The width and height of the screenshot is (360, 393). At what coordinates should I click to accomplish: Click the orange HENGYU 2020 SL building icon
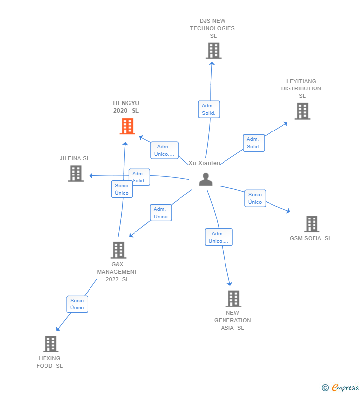pyautogui.click(x=127, y=127)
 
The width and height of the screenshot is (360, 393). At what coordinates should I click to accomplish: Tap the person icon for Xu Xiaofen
pyautogui.click(x=206, y=179)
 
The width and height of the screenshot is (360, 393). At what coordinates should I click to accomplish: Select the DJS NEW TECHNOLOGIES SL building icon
pyautogui.click(x=214, y=50)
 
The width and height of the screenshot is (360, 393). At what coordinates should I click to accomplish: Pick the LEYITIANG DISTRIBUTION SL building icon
pyautogui.click(x=302, y=111)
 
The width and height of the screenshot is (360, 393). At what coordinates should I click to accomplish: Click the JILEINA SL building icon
pyautogui.click(x=76, y=174)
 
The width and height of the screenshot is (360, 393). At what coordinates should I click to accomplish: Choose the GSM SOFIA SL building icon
pyautogui.click(x=312, y=224)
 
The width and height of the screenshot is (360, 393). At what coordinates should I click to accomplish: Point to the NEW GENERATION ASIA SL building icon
pyautogui.click(x=233, y=299)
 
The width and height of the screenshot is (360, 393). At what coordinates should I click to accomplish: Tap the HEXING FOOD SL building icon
pyautogui.click(x=50, y=344)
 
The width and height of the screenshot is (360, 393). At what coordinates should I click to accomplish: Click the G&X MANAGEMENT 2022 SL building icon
pyautogui.click(x=118, y=250)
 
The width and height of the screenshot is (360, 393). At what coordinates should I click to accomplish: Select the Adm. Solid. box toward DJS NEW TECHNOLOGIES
pyautogui.click(x=209, y=109)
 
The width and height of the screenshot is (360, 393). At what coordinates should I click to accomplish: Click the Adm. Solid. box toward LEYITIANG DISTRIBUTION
pyautogui.click(x=254, y=143)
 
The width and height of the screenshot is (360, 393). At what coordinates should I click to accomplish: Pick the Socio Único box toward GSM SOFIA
pyautogui.click(x=255, y=198)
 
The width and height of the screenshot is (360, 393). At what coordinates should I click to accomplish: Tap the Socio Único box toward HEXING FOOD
pyautogui.click(x=77, y=304)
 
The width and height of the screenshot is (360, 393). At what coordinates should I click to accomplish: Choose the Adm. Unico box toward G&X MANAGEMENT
pyautogui.click(x=161, y=213)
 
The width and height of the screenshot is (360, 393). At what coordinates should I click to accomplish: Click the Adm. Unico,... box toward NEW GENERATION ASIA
pyautogui.click(x=219, y=237)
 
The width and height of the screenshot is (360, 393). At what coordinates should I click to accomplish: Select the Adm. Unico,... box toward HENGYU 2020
pyautogui.click(x=165, y=150)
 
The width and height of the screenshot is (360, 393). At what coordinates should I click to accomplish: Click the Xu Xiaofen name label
pyautogui.click(x=204, y=163)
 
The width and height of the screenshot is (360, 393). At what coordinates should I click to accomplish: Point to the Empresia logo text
pyautogui.click(x=345, y=388)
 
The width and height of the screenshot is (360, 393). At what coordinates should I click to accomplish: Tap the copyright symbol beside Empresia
pyautogui.click(x=325, y=388)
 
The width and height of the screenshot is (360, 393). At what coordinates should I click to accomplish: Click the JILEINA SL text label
pyautogui.click(x=75, y=158)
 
